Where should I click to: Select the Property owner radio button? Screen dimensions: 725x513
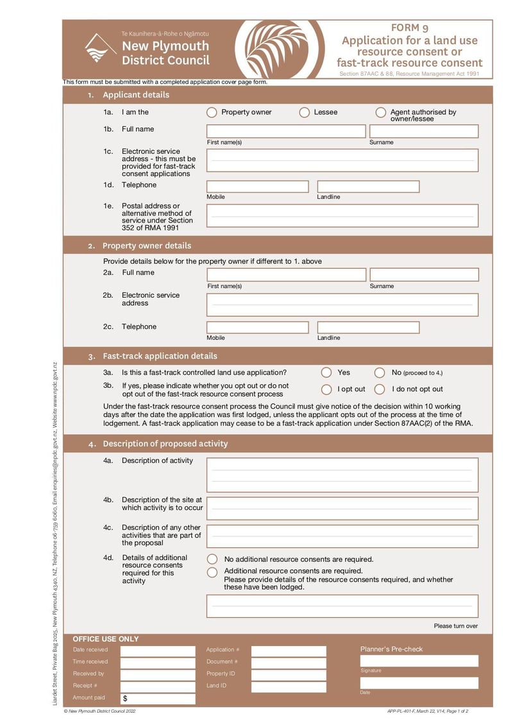212,113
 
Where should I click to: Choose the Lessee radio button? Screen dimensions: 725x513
305,113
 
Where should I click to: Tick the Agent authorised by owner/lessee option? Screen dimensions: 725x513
381,113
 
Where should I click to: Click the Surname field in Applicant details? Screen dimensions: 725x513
424,132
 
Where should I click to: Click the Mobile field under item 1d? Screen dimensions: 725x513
257,187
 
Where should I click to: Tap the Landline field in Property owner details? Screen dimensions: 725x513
368,328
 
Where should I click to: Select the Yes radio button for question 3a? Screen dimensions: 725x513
326,373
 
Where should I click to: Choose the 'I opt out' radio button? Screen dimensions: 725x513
326,389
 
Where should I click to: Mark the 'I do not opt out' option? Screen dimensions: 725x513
380,389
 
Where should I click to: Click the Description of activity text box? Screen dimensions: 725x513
342,475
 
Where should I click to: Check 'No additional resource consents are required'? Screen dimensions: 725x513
212,559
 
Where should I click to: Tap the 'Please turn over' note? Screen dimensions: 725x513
455,626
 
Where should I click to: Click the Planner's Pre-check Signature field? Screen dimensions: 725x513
419,660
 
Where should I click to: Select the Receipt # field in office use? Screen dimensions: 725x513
158,687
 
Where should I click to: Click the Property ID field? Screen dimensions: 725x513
288,674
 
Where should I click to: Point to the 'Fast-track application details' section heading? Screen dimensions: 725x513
160,356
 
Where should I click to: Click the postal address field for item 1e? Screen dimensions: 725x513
342,216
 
